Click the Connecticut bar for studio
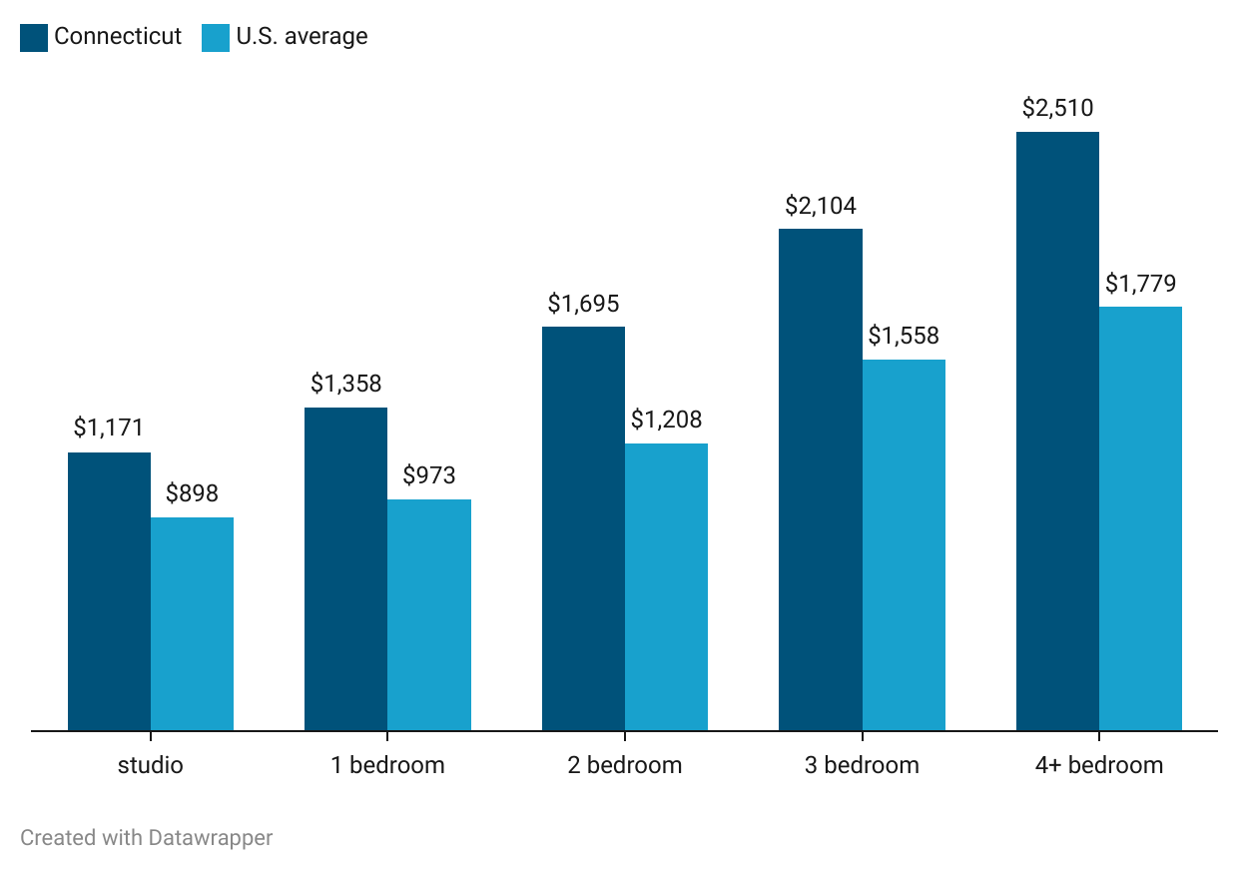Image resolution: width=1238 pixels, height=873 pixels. [x=109, y=591]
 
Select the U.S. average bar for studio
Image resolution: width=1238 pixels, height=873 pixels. [x=192, y=624]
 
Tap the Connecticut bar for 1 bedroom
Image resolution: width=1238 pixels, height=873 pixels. [x=345, y=569]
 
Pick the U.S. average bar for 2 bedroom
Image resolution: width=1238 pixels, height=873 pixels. [x=666, y=587]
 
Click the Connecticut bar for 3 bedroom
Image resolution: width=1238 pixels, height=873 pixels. [x=820, y=479]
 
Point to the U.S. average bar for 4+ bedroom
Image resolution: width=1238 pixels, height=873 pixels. [x=1140, y=518]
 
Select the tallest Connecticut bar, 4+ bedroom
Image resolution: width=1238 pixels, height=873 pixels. [x=1057, y=431]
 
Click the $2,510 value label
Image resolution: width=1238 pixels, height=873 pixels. [x=1057, y=108]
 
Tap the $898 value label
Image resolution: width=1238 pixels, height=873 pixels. [x=192, y=492]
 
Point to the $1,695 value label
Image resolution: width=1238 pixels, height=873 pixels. [x=583, y=303]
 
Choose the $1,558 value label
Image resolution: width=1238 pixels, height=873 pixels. [x=904, y=336]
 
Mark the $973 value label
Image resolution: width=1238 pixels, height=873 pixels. [x=429, y=475]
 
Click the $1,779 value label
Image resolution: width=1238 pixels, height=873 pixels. [x=1140, y=283]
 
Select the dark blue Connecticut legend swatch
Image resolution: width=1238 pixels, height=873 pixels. [x=34, y=37]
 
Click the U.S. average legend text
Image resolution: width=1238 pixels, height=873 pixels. [x=302, y=37]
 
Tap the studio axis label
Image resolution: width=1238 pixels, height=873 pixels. [x=151, y=765]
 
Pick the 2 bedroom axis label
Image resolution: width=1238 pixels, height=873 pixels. [x=625, y=765]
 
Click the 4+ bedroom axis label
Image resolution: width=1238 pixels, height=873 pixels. [x=1099, y=765]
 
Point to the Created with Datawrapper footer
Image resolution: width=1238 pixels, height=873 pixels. [x=146, y=837]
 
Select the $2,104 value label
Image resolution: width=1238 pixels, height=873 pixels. [x=821, y=206]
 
